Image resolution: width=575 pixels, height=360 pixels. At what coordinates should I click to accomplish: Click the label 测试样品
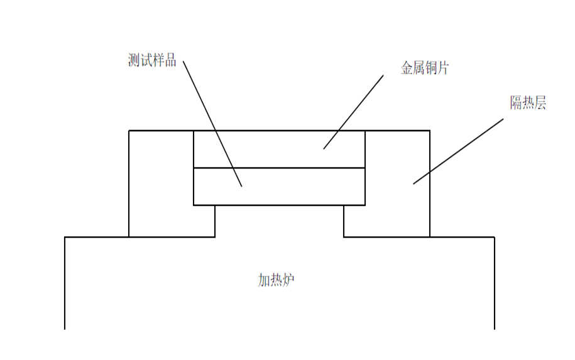coord(151,60)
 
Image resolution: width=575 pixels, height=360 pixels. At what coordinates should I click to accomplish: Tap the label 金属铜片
coord(425,68)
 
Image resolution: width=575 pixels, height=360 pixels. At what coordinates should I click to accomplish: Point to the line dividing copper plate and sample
coord(279,168)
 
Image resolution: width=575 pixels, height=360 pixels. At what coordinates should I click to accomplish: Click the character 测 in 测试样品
coord(133,60)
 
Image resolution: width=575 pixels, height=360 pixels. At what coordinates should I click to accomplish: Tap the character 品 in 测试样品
coord(170,60)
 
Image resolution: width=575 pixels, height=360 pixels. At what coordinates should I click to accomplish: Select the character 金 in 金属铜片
coord(407,68)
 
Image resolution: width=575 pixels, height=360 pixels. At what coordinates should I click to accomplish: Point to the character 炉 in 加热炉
coord(288,280)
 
